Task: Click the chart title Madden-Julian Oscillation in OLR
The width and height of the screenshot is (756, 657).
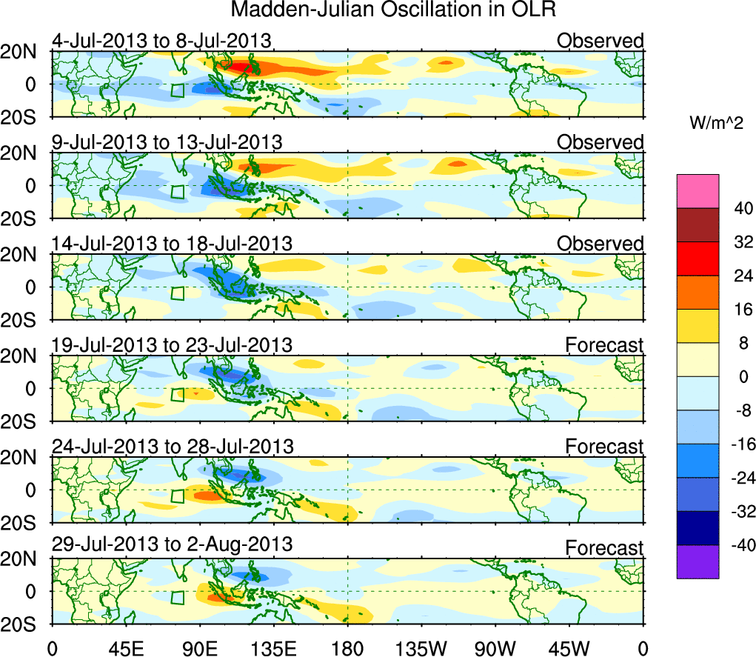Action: click(x=393, y=10)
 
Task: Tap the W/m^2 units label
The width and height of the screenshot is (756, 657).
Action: click(x=716, y=123)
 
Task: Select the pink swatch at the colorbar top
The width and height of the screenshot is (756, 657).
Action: click(x=697, y=191)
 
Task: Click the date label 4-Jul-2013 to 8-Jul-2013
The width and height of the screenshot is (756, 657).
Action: click(x=161, y=40)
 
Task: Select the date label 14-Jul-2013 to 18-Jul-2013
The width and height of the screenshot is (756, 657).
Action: click(x=172, y=243)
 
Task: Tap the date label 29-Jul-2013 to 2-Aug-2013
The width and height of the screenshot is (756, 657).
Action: click(x=172, y=544)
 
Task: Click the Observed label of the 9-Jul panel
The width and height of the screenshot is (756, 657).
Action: click(x=601, y=141)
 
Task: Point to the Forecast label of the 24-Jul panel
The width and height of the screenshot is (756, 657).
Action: click(x=605, y=447)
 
